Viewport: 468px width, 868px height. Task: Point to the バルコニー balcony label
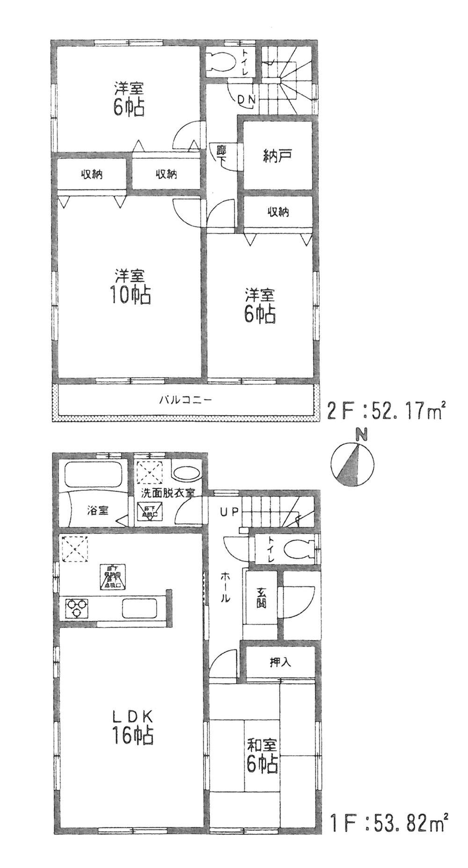[x=186, y=400]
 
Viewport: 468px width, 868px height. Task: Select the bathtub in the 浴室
[x=93, y=475]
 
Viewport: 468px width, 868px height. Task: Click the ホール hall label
[x=225, y=588]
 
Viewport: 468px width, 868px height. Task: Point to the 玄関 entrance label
[x=262, y=598]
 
